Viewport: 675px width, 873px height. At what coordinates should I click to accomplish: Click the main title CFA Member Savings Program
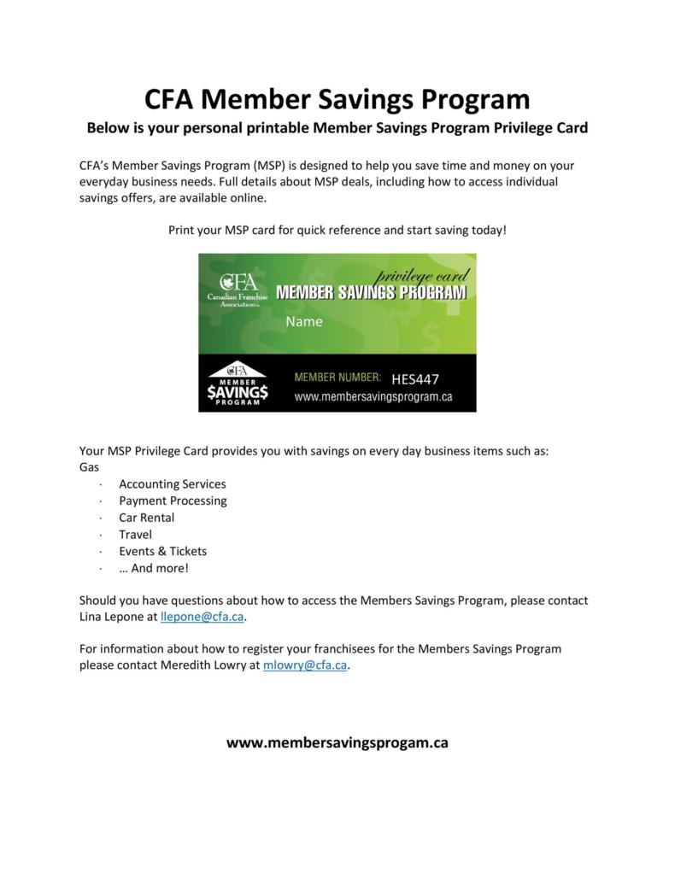tap(337, 99)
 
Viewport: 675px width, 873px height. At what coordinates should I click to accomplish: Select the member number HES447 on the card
tap(415, 379)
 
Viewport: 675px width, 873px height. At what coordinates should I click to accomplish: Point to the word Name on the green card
tap(304, 322)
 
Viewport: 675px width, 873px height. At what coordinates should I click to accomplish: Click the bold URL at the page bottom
tap(337, 742)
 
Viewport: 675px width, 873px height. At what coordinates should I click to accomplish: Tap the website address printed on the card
tap(373, 397)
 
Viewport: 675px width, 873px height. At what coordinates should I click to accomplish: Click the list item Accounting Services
tap(173, 483)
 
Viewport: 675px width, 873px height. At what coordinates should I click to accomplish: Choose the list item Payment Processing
tap(173, 501)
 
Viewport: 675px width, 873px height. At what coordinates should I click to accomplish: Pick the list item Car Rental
tap(146, 518)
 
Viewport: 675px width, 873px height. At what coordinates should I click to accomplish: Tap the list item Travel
tap(135, 534)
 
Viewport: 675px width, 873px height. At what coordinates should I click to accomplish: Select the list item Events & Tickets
tap(162, 551)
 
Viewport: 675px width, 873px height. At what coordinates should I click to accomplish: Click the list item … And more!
tap(154, 568)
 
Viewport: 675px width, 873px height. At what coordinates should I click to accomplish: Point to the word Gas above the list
tap(89, 467)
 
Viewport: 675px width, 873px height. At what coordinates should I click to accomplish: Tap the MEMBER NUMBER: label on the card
tap(337, 377)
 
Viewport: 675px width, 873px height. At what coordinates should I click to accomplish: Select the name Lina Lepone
tap(112, 616)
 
